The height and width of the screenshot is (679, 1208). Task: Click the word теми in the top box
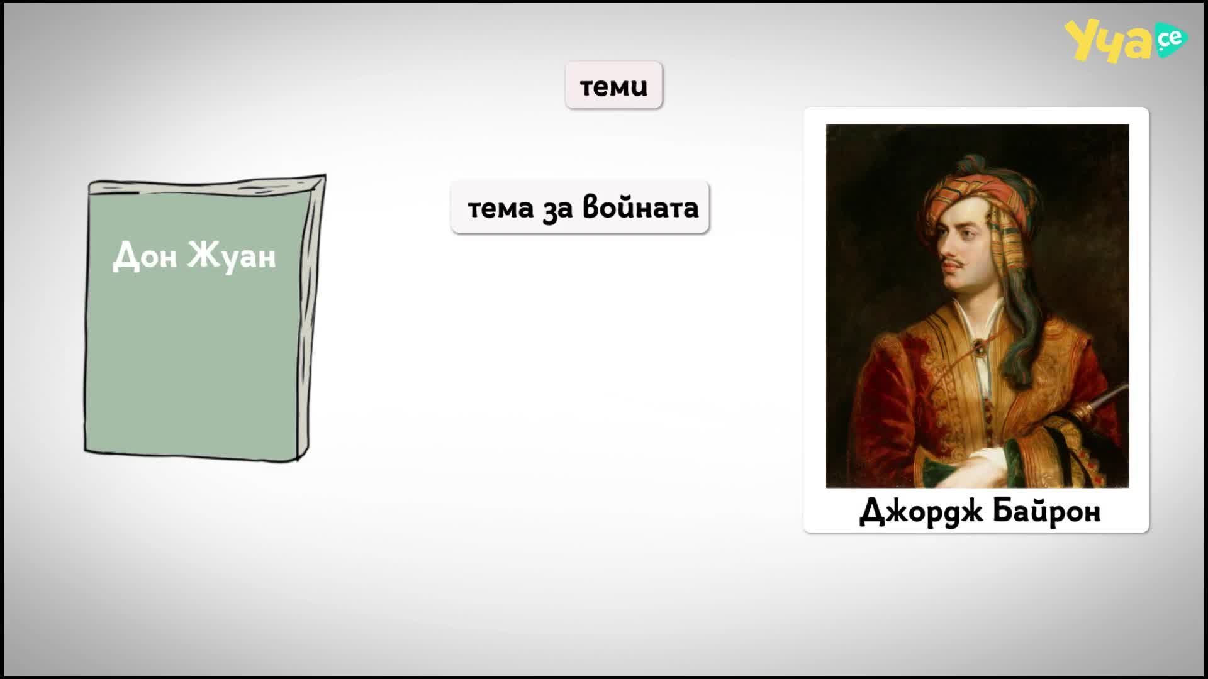(x=613, y=86)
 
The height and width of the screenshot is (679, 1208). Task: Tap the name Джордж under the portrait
(x=920, y=511)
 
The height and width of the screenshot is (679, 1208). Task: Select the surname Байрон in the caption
(x=1047, y=511)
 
